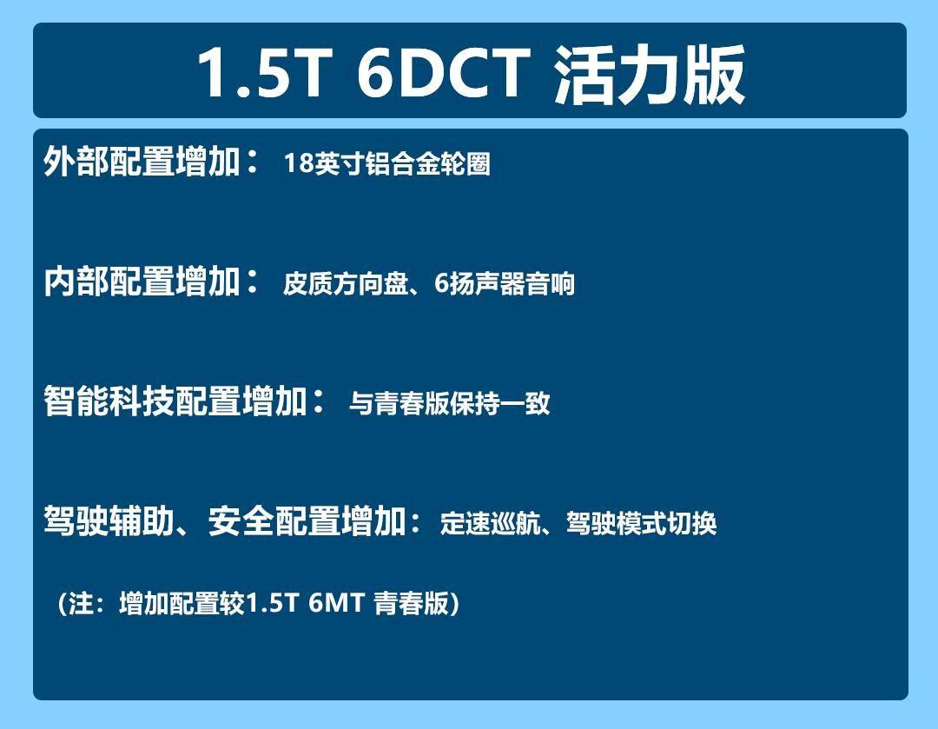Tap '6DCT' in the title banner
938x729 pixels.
(443, 73)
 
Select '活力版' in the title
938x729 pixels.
(649, 73)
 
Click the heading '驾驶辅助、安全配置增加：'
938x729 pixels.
(234, 523)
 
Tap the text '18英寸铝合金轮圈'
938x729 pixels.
(387, 164)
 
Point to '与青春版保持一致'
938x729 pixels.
(450, 404)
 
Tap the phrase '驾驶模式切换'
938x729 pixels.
(642, 524)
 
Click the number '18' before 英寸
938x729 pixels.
(298, 164)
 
